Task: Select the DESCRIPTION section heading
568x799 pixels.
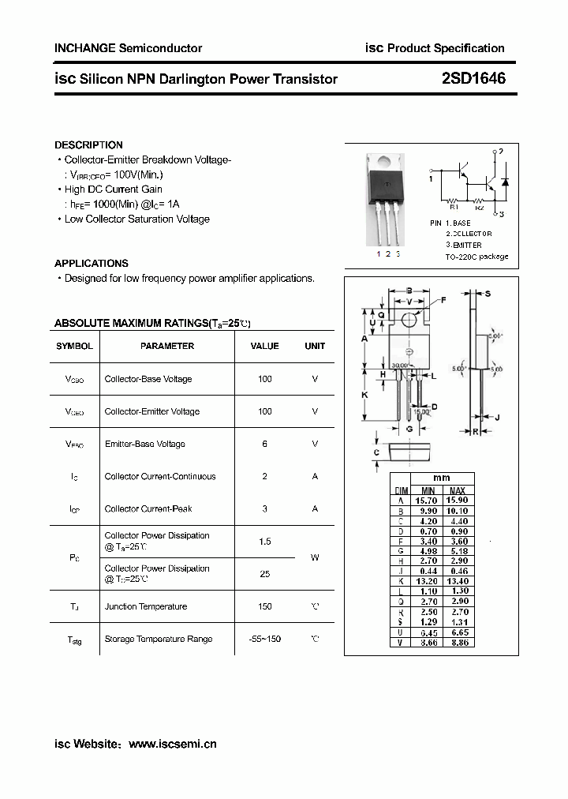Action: pyautogui.click(x=88, y=145)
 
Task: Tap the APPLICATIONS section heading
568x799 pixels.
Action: pyautogui.click(x=92, y=264)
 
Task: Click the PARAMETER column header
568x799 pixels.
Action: pyautogui.click(x=167, y=346)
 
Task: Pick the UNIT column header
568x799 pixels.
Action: pyautogui.click(x=315, y=346)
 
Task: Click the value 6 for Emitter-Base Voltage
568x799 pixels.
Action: pyautogui.click(x=265, y=444)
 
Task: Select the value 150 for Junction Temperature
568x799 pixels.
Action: pyautogui.click(x=265, y=606)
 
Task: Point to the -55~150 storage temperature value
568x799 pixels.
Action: pyautogui.click(x=265, y=639)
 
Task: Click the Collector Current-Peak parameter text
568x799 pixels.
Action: pyautogui.click(x=148, y=508)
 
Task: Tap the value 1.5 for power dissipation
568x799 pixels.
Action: pyautogui.click(x=265, y=542)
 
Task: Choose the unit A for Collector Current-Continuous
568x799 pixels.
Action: pyautogui.click(x=315, y=476)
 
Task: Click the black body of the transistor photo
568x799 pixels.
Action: pyautogui.click(x=387, y=177)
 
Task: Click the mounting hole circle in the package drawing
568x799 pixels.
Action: pyautogui.click(x=409, y=321)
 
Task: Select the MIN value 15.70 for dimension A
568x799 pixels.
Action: pyautogui.click(x=427, y=501)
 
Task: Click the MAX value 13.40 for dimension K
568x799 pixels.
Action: pyautogui.click(x=458, y=581)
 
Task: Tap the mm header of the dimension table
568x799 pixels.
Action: pyautogui.click(x=442, y=478)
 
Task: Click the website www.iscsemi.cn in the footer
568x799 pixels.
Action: pyautogui.click(x=172, y=744)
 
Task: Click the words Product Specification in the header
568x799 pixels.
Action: pyautogui.click(x=446, y=48)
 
